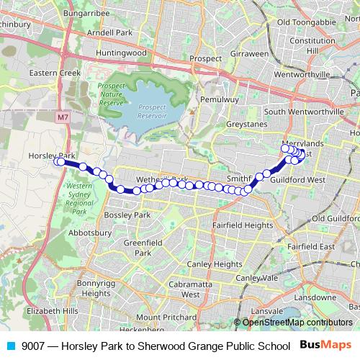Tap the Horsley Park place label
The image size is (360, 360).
point(52,156)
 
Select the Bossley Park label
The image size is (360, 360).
point(127,215)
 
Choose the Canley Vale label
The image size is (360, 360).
point(257,278)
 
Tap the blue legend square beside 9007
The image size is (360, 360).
point(9,345)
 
